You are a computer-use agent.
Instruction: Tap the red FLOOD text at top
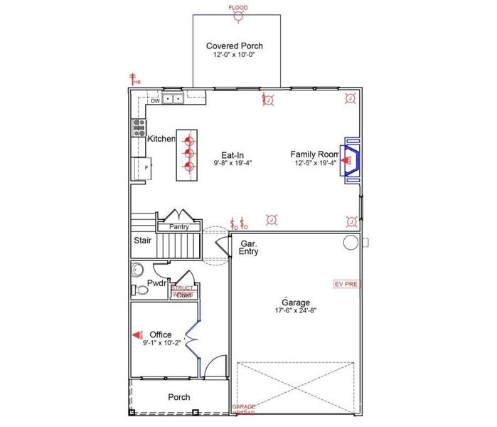tap(238, 8)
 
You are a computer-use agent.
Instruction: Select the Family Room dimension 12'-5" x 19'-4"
tap(315, 163)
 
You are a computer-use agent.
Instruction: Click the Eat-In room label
tap(233, 154)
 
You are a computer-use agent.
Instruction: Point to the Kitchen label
tap(161, 139)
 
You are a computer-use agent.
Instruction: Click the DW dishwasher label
tap(154, 101)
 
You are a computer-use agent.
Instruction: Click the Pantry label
tap(178, 227)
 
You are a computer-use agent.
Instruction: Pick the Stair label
tap(142, 241)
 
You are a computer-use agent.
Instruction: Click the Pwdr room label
tap(156, 283)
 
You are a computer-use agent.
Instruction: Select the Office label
tap(161, 334)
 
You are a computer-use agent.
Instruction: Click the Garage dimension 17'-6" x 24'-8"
tap(296, 310)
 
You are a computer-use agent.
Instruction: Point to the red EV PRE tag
tap(347, 283)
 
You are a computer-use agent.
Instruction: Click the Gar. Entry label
tap(248, 248)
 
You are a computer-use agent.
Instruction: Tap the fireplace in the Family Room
tap(351, 160)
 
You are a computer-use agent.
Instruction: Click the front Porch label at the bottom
tap(178, 397)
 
